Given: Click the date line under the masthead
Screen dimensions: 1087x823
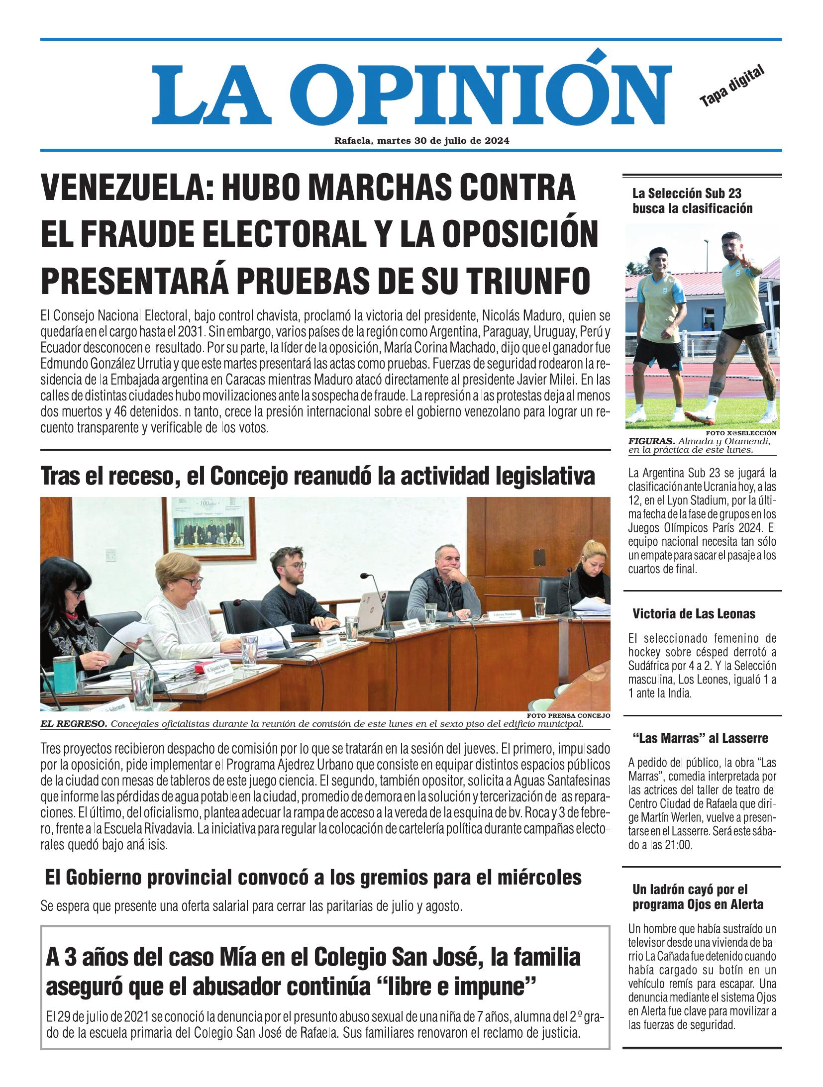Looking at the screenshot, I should pos(421,141).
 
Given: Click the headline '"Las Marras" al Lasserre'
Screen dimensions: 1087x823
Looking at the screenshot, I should pos(700,738).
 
